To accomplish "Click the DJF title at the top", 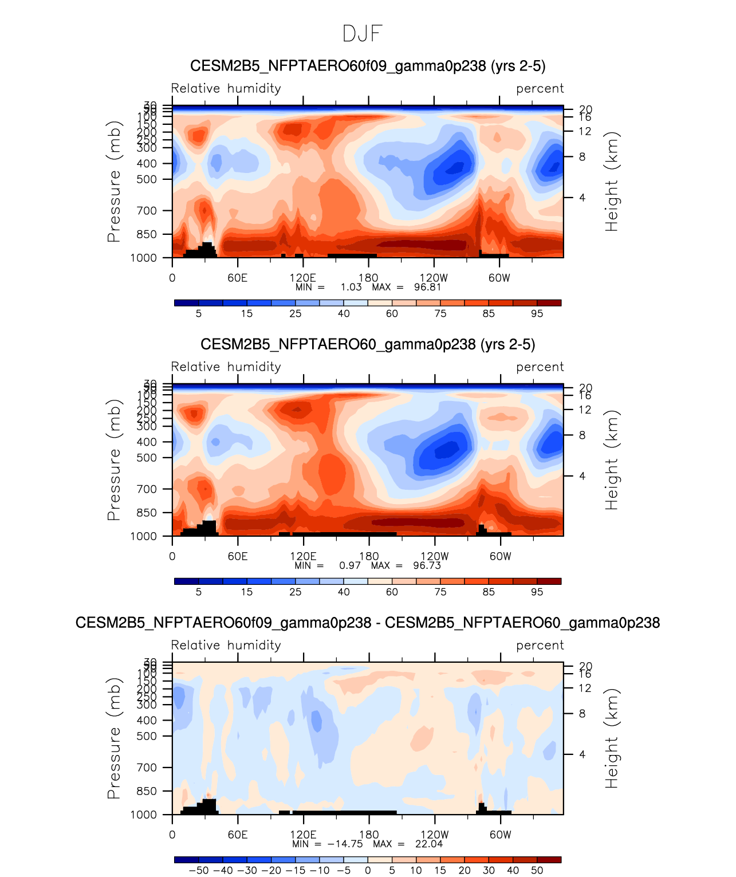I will click(x=362, y=34).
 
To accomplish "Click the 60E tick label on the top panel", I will click(x=237, y=278).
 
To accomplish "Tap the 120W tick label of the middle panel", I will click(x=434, y=556).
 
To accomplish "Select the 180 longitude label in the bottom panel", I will click(x=369, y=835).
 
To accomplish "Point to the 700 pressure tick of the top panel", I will click(x=147, y=211).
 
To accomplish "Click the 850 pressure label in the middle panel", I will click(x=147, y=513).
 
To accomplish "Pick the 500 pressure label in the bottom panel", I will click(x=147, y=736).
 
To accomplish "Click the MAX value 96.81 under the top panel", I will click(x=427, y=287).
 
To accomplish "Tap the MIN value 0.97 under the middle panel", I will click(x=350, y=565).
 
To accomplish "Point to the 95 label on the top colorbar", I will click(x=537, y=314).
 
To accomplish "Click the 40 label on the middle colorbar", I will click(x=344, y=592).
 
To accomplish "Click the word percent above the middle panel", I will click(x=540, y=367).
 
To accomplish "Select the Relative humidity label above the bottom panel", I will click(x=226, y=646).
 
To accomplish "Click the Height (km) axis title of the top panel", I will click(x=612, y=182).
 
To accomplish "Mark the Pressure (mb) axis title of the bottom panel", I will click(x=114, y=738).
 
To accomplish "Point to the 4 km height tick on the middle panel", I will click(x=582, y=476).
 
